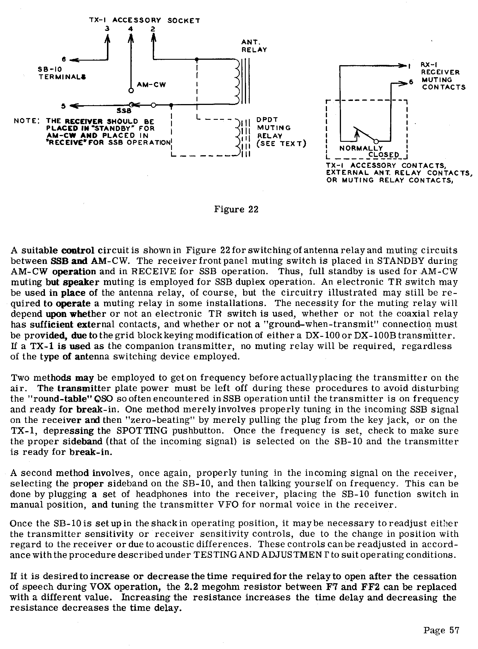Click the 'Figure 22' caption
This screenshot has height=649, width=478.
point(236,209)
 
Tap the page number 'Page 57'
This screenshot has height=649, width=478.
point(441,630)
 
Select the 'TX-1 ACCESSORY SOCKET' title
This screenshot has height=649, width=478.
point(144,21)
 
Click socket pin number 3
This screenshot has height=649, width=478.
point(107,29)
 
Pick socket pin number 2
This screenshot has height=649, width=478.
point(153,29)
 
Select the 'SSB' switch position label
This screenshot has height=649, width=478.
point(124,111)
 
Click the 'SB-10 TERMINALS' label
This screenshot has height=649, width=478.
point(62,73)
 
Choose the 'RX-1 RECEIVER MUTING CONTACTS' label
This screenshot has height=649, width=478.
point(443,76)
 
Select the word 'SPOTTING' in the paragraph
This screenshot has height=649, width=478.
point(142,431)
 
